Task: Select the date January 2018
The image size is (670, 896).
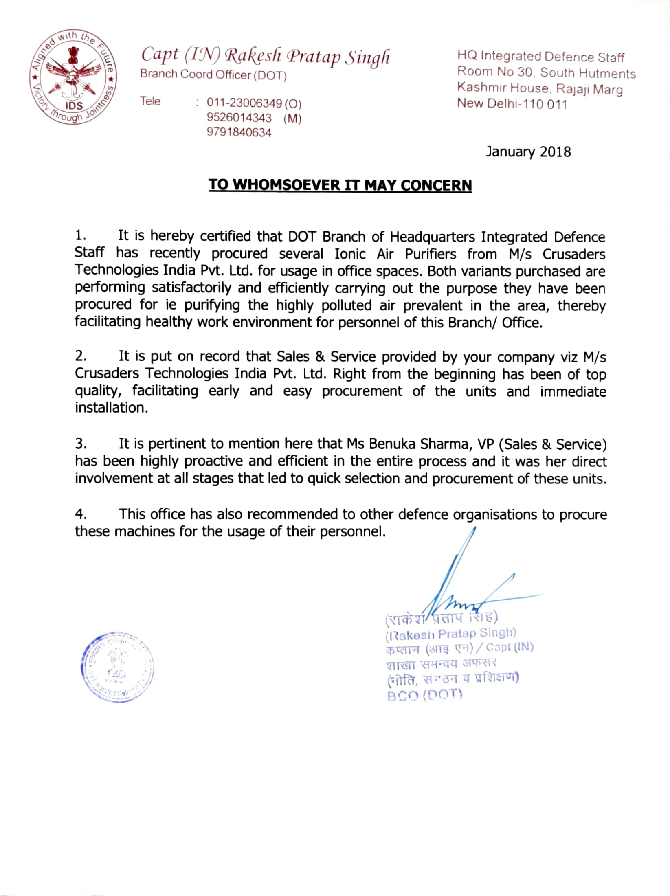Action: (528, 152)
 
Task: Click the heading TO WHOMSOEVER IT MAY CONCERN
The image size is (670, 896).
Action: (340, 185)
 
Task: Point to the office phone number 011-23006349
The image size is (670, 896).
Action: (244, 103)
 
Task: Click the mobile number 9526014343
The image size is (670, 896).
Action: (239, 118)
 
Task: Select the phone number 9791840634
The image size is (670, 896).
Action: (239, 132)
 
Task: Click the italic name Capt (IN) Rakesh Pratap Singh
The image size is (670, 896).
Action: (265, 56)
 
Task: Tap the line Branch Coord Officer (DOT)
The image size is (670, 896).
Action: (213, 75)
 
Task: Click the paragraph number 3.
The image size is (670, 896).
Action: (80, 443)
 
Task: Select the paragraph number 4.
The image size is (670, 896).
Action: (80, 514)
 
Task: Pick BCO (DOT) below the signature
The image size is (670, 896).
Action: (424, 696)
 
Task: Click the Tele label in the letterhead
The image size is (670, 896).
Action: (150, 101)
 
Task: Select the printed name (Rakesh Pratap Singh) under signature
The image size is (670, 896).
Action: (450, 634)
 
